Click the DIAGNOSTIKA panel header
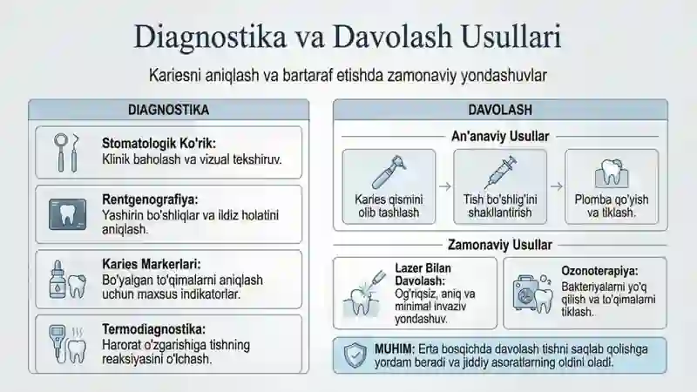[168, 110]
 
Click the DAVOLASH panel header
[500, 110]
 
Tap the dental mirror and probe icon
[66, 152]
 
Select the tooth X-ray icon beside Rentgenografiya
[68, 214]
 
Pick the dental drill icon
[388, 172]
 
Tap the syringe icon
[500, 172]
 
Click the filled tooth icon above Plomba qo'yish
[612, 172]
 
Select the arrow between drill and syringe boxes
[445, 186]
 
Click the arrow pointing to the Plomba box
[557, 186]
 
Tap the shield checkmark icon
[355, 355]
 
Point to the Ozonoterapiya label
[599, 271]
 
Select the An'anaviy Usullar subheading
[500, 136]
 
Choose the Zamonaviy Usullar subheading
[500, 245]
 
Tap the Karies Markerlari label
[152, 265]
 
